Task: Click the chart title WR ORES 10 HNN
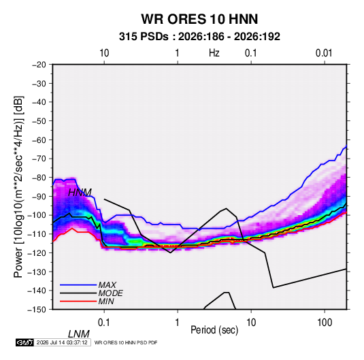199,19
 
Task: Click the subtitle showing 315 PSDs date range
199,37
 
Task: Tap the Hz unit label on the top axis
214,53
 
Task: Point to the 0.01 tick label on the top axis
324,53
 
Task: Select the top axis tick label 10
104,53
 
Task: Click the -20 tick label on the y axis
39,65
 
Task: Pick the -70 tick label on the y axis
39,159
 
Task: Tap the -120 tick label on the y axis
37,252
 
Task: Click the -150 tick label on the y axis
37,310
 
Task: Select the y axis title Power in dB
18,186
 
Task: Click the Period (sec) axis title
214,330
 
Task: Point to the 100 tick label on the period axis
325,323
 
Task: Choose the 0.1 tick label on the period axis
104,323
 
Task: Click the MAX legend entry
107,285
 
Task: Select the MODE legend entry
110,293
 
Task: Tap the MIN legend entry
106,301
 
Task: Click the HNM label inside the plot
80,193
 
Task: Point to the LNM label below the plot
79,334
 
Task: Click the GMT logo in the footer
24,342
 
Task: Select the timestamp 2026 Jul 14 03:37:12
62,342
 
